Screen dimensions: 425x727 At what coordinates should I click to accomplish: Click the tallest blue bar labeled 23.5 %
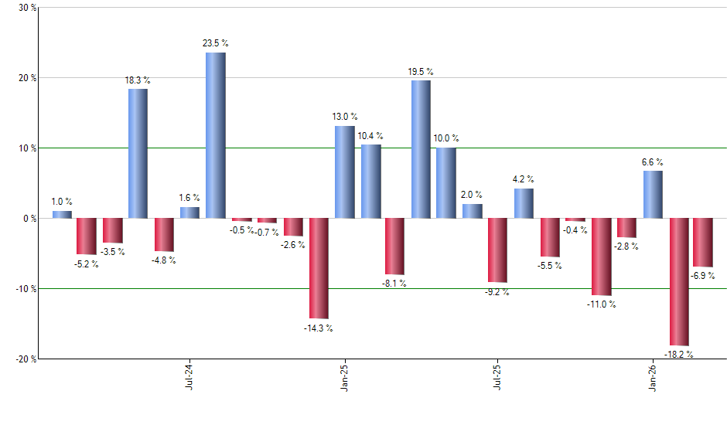(x=215, y=135)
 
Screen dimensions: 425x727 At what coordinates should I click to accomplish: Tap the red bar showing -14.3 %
(x=319, y=268)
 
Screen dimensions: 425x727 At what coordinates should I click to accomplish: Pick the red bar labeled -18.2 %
(x=679, y=281)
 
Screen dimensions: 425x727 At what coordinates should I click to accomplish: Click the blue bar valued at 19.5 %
(x=421, y=149)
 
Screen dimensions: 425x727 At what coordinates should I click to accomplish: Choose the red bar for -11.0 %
(x=601, y=257)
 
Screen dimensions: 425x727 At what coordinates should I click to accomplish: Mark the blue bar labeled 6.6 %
(x=653, y=195)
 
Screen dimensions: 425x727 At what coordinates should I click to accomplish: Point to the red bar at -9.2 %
(x=498, y=250)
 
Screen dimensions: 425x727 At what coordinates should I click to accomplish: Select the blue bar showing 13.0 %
(x=344, y=172)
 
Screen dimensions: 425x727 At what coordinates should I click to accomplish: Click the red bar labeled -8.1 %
(x=395, y=246)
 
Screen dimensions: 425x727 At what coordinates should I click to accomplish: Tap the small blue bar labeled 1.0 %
(x=62, y=214)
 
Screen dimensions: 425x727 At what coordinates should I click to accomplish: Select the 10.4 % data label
(x=370, y=136)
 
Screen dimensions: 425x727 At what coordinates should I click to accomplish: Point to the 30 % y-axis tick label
(x=26, y=8)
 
